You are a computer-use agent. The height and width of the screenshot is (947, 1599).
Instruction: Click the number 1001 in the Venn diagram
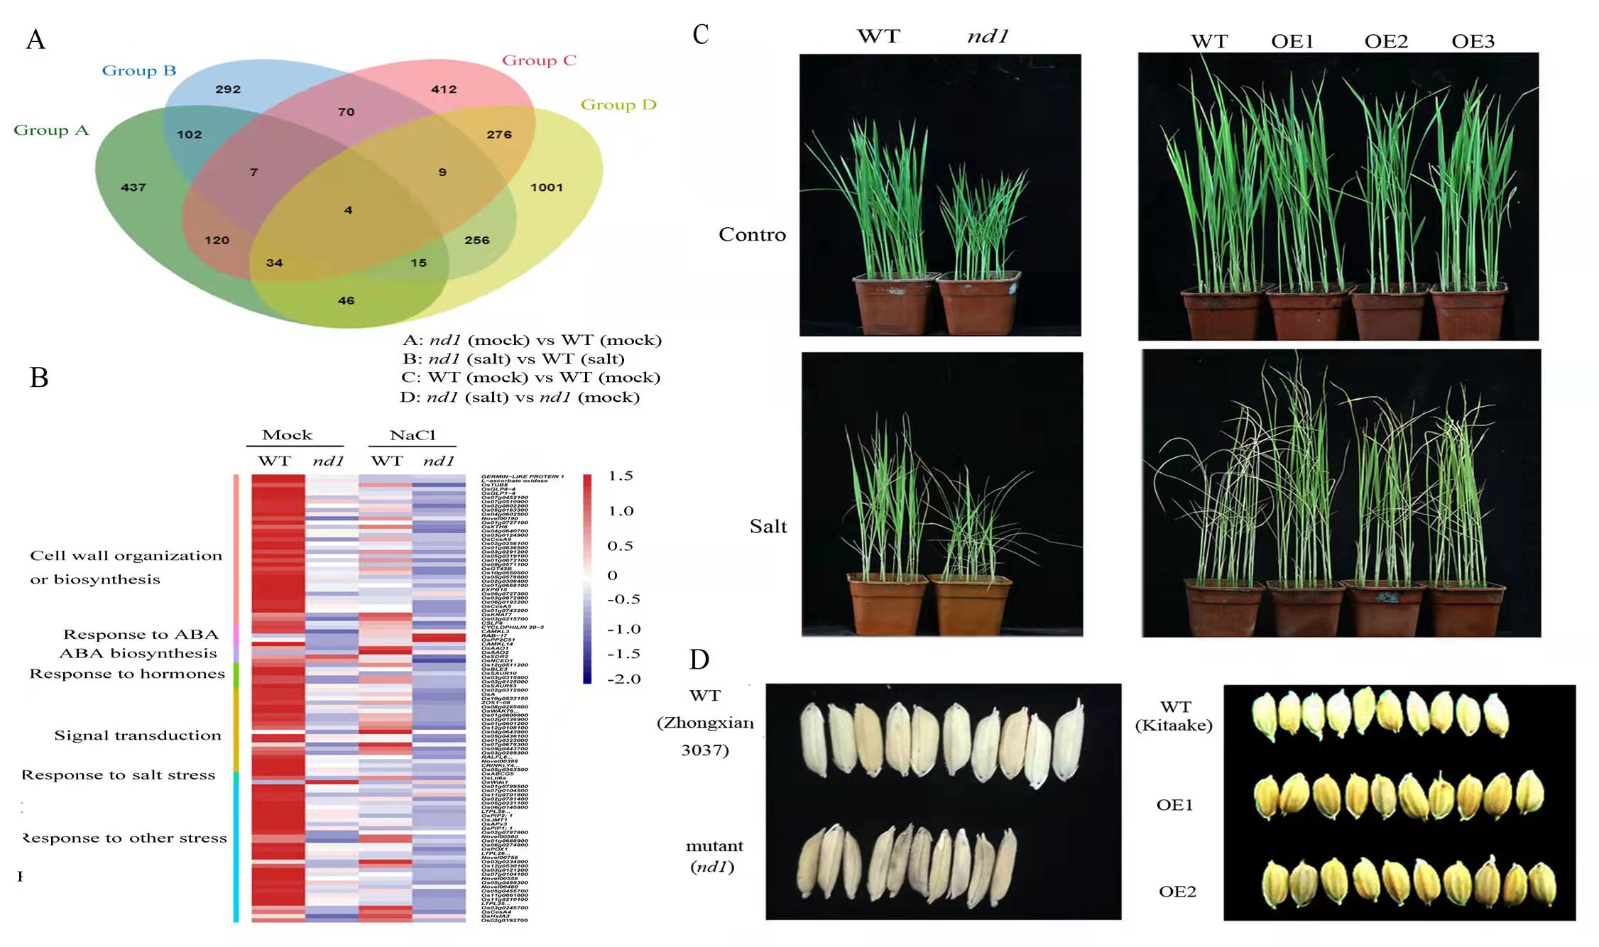546,187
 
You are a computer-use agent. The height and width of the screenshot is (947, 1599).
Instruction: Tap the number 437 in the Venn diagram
133,187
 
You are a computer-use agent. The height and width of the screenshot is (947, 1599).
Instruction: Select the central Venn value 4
348,210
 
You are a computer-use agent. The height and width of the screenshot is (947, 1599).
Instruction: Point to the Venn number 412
444,89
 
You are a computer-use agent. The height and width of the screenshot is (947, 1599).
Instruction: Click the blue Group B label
139,70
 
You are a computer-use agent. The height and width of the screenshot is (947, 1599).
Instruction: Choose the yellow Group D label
618,105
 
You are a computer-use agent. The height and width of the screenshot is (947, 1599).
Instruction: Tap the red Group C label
539,60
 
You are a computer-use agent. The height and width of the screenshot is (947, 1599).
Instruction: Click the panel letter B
39,378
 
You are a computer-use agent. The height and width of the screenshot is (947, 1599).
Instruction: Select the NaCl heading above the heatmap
413,435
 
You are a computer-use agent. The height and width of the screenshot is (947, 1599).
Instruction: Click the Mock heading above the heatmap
287,435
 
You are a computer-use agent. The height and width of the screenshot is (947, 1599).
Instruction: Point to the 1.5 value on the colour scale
620,476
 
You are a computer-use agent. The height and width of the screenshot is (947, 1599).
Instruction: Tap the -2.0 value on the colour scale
623,679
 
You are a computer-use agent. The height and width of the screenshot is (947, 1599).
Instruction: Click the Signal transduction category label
138,735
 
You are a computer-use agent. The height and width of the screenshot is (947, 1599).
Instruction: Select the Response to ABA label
141,634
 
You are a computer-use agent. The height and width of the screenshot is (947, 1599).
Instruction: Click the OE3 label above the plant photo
1473,41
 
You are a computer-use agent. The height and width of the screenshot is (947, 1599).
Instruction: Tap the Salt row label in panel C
768,527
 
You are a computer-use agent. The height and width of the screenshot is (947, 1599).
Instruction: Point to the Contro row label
752,234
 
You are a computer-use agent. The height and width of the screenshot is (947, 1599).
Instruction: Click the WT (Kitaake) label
1174,716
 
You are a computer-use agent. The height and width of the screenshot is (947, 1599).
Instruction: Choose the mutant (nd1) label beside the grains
714,856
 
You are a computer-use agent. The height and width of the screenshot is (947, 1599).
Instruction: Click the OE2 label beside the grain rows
1177,892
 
